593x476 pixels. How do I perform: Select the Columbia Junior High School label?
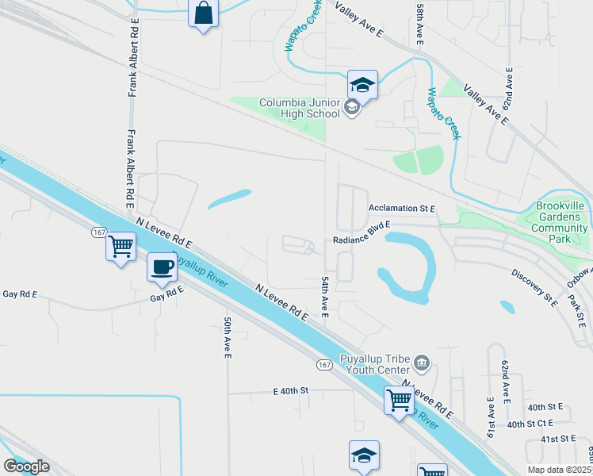299,108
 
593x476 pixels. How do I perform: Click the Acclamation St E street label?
402,209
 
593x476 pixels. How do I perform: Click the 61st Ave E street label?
492,415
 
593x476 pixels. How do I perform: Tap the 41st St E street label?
557,438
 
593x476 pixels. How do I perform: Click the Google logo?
26,466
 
